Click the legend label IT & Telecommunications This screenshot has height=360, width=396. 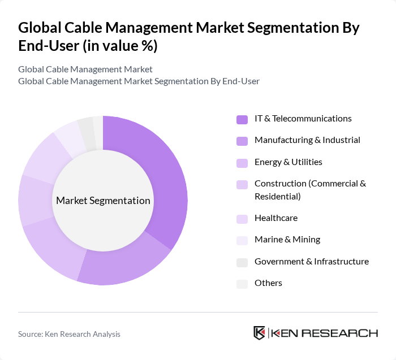coord(303,119)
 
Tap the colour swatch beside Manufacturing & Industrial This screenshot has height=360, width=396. coord(242,141)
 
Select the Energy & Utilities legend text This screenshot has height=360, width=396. coord(288,162)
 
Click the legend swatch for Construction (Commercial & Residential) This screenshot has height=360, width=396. coord(242,184)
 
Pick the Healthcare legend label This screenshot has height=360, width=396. coord(276,218)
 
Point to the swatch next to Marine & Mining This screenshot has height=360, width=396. coord(242,240)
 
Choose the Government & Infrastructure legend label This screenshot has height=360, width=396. coord(311,262)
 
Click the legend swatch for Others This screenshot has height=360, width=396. coord(242,284)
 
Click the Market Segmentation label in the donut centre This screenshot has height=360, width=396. coord(103,201)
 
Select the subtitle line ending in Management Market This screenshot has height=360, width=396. coord(85,70)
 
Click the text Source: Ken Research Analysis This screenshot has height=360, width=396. coord(69,334)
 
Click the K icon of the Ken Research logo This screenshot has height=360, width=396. coord(259,333)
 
